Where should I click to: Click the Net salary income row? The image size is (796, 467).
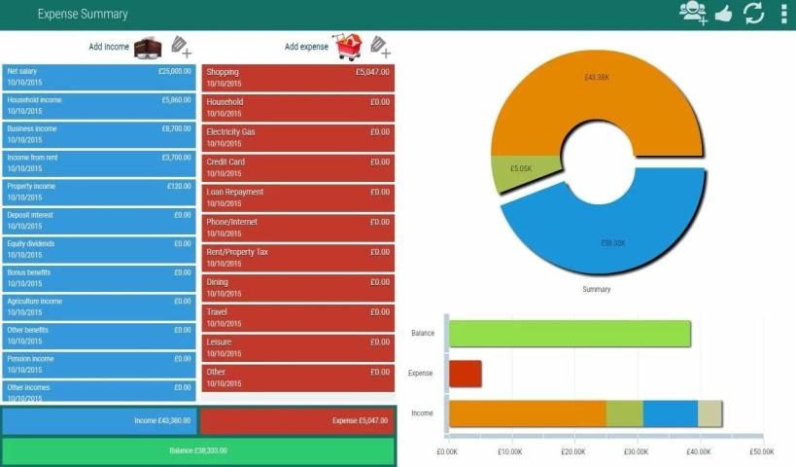click(98, 77)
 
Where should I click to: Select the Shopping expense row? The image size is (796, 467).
click(297, 78)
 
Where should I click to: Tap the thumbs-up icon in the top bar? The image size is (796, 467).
click(722, 14)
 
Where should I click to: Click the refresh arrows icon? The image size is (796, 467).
click(753, 14)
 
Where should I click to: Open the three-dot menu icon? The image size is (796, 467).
click(783, 14)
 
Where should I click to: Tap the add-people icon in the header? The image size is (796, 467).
click(693, 13)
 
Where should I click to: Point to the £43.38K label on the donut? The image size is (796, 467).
click(598, 77)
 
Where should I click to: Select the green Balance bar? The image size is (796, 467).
click(570, 334)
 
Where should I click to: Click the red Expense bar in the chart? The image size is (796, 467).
click(465, 374)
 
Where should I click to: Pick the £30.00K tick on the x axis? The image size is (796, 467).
click(638, 451)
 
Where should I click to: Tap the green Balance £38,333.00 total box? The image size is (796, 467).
click(198, 451)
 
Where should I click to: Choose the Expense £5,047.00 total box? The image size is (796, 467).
click(297, 421)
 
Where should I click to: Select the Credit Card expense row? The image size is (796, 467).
click(297, 167)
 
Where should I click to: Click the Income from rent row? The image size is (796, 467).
click(98, 162)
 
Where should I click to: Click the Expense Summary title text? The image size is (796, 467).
click(83, 15)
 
